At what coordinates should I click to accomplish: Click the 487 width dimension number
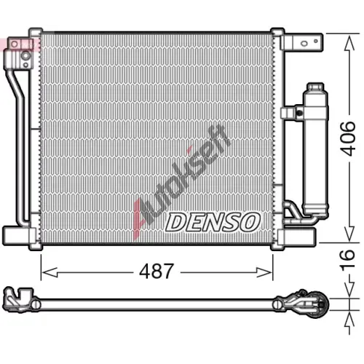coord(157,271)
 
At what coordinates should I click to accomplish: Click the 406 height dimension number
coord(347,138)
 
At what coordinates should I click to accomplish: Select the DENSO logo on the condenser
coord(213,222)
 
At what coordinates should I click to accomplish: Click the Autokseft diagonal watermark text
coord(181,182)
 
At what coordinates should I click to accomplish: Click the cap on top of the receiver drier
coord(315,87)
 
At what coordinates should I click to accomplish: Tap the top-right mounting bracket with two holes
coord(304,42)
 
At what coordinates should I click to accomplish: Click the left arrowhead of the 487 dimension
coord(50,272)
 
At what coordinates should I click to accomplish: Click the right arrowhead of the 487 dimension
coord(264,272)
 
